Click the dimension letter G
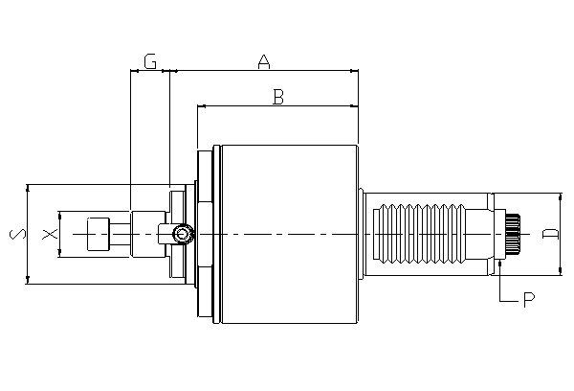click(150, 62)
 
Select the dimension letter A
click(265, 62)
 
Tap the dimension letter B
click(277, 97)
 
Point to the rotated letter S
click(15, 233)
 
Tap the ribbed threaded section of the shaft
click(421, 233)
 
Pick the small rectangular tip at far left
click(98, 235)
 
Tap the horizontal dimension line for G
click(150, 71)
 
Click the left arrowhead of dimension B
click(201, 105)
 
